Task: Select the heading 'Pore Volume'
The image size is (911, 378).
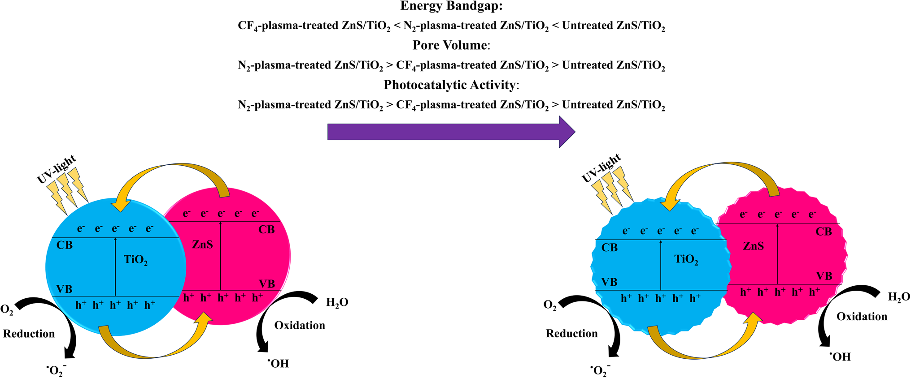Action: click(450, 45)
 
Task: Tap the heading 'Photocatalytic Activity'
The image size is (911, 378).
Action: click(450, 85)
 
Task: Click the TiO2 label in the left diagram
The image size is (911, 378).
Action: click(135, 260)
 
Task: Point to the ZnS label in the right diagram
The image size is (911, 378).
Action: click(753, 246)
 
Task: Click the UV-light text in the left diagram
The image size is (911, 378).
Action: click(57, 169)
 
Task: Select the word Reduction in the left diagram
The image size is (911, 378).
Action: click(29, 334)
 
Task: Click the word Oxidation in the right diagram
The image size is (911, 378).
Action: click(862, 317)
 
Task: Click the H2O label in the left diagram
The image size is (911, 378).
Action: click(337, 303)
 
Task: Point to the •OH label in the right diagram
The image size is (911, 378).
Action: click(840, 357)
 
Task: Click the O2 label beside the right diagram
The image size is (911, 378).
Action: click(550, 305)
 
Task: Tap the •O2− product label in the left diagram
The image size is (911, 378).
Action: click(57, 371)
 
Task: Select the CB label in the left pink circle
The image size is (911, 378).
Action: click(266, 230)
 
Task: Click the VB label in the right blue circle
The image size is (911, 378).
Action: click(609, 282)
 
